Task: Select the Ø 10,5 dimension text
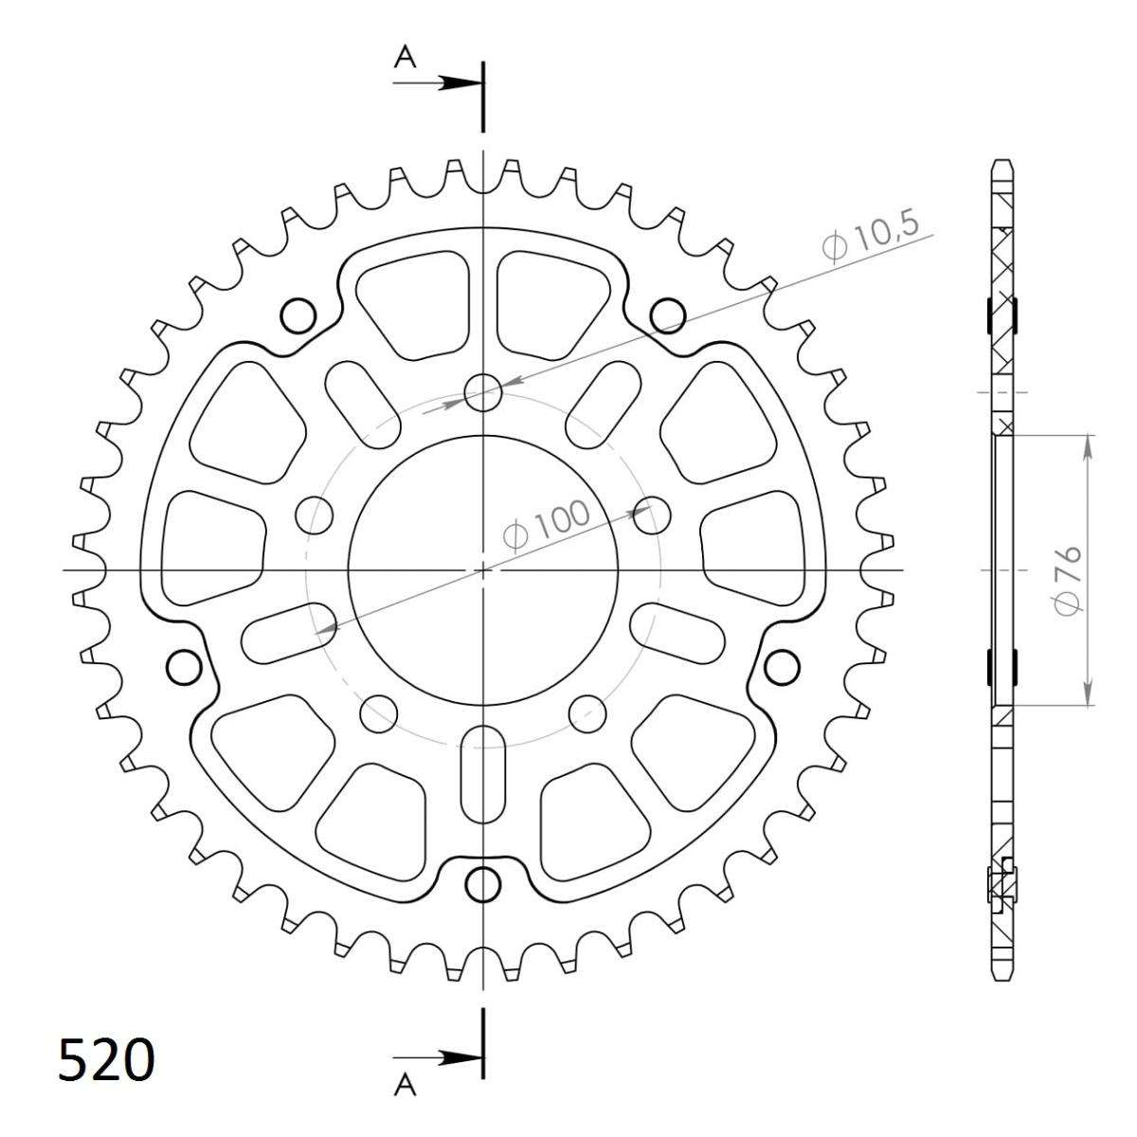click(x=871, y=237)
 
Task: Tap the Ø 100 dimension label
click(x=546, y=524)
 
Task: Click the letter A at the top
click(x=405, y=57)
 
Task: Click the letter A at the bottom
click(x=405, y=1083)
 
